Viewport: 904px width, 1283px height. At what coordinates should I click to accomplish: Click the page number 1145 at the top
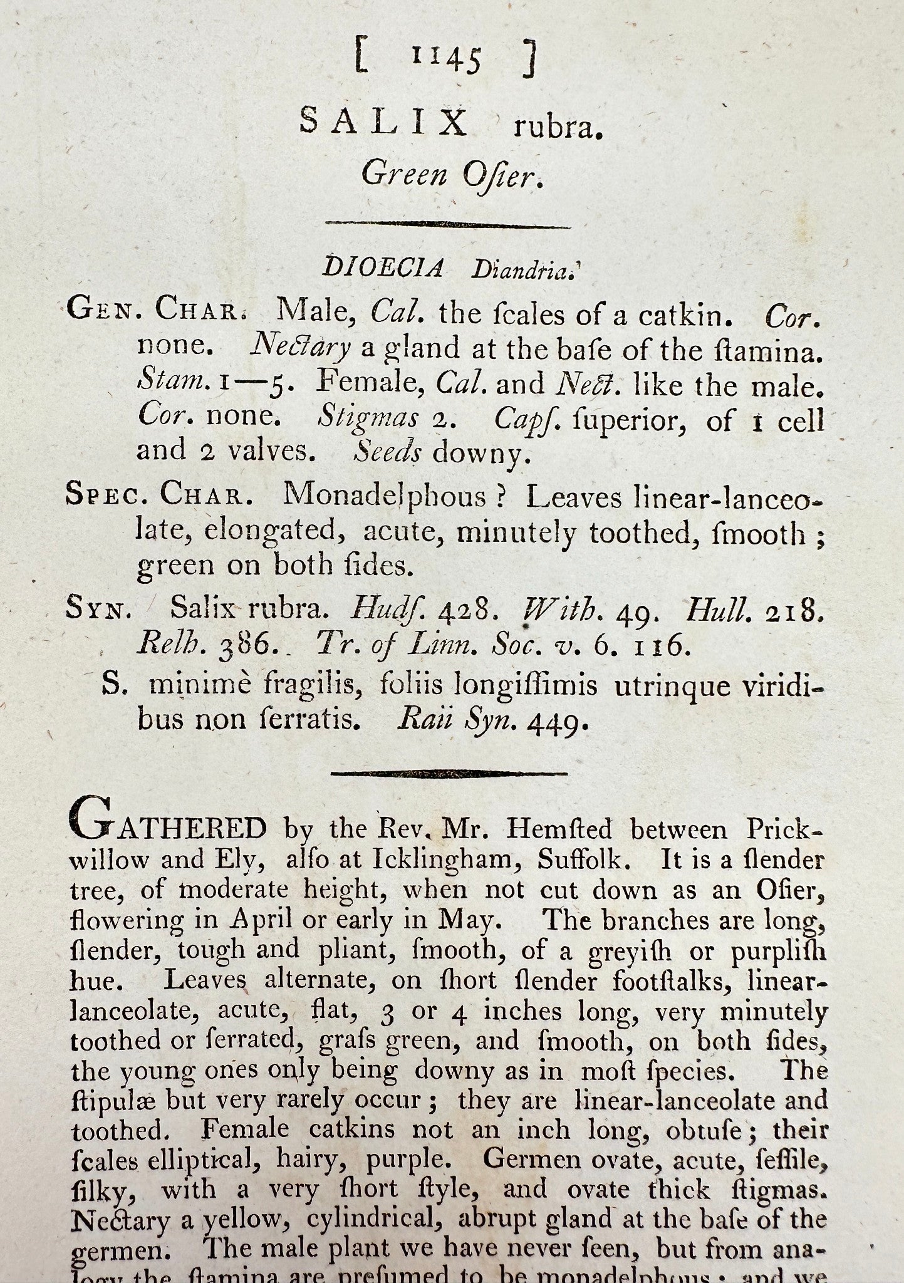[447, 58]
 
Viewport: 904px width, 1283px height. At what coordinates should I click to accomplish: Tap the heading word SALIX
[384, 122]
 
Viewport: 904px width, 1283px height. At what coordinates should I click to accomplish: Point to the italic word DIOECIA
[383, 268]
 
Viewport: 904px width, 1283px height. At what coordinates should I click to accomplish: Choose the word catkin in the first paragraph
[685, 315]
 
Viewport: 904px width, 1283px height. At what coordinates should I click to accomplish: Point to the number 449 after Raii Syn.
[558, 724]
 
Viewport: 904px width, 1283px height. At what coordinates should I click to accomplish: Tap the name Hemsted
[559, 829]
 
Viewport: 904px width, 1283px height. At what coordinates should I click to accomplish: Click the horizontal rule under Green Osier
[447, 225]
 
